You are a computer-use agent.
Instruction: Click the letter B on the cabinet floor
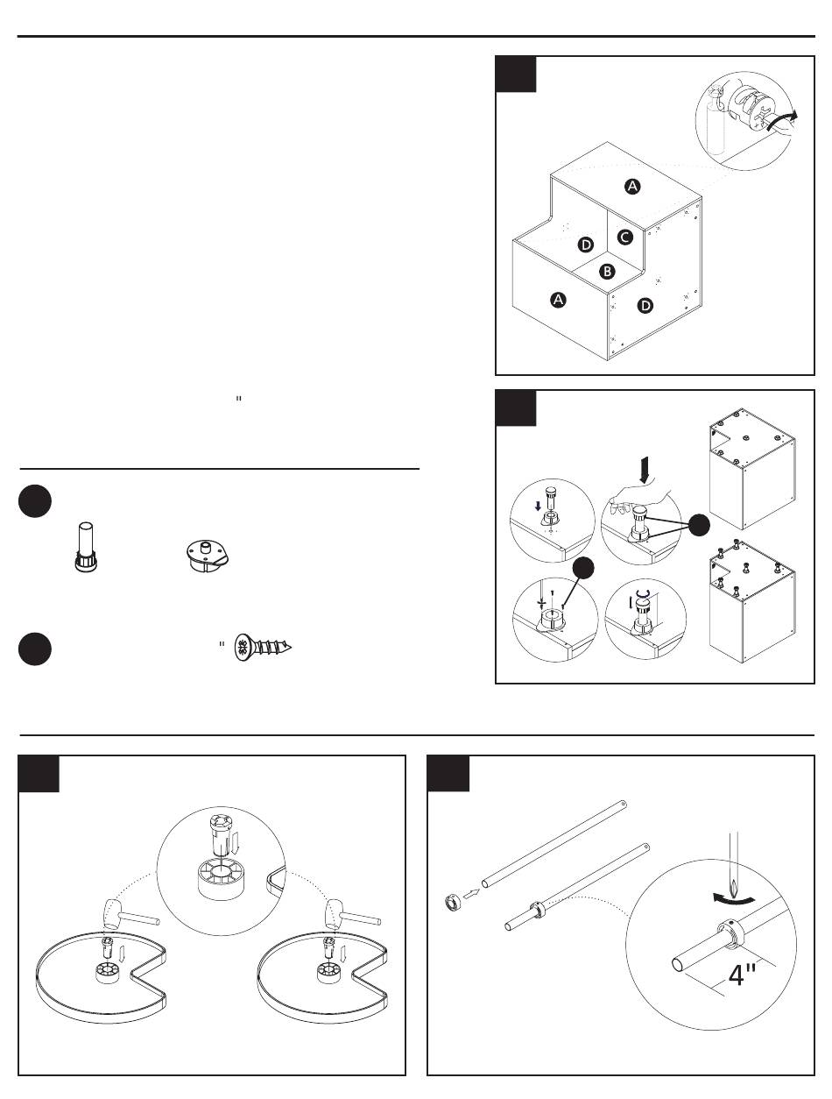click(607, 272)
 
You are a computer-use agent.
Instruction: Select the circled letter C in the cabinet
click(624, 237)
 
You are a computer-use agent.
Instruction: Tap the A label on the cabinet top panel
click(631, 186)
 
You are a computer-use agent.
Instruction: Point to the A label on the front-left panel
click(557, 301)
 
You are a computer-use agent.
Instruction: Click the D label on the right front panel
click(645, 306)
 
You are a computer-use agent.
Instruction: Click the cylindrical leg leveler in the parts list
click(85, 547)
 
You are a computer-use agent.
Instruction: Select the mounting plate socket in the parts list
click(207, 553)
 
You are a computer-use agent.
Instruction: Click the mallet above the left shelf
click(123, 911)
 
